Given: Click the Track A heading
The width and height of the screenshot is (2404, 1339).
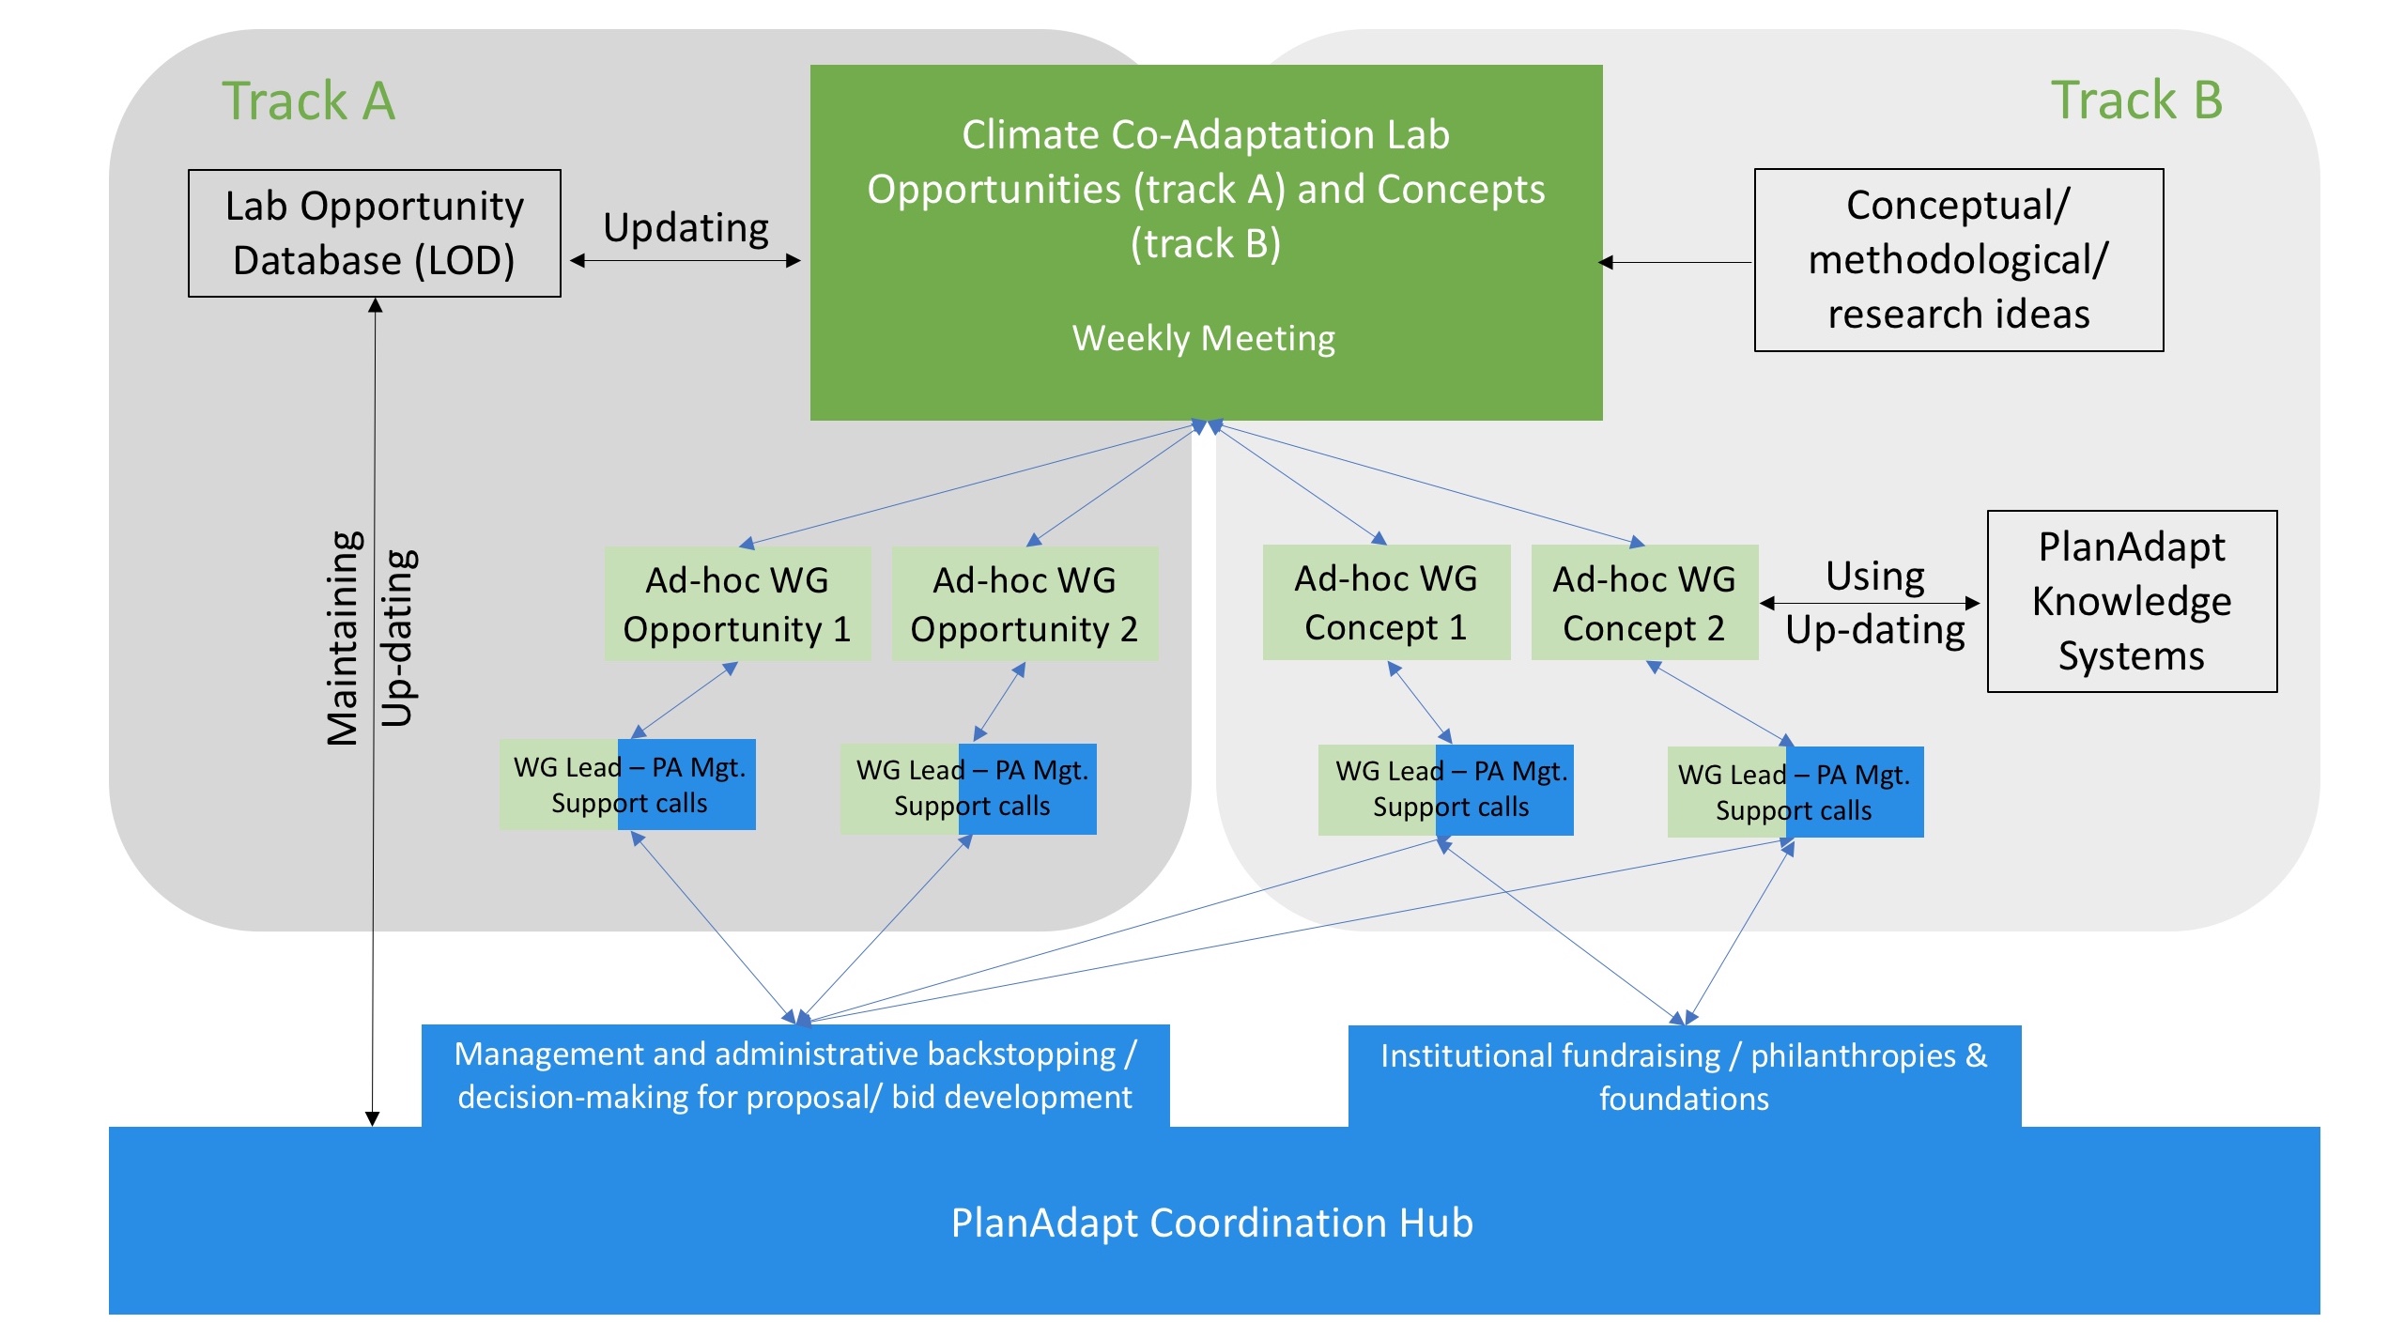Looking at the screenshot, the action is pos(308,100).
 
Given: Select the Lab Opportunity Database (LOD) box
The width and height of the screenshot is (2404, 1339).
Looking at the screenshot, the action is pos(375,233).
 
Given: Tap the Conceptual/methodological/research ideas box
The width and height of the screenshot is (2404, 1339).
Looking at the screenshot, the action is pos(1959,260).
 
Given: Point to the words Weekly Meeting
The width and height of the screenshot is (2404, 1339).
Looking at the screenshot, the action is pos(1204,338).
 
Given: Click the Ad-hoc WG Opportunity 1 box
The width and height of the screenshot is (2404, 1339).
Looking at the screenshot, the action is pos(737,604).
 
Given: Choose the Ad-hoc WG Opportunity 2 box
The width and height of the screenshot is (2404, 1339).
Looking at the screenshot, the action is pos(1025,604).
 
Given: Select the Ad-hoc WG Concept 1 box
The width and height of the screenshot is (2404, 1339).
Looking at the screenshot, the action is pos(1386,602).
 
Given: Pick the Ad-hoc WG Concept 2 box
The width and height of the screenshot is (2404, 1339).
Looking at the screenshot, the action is pos(1644,602).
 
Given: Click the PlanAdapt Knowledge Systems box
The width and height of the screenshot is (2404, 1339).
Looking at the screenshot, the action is pos(2132,601).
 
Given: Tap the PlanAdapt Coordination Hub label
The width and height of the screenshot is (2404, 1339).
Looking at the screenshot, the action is pos(1212,1223).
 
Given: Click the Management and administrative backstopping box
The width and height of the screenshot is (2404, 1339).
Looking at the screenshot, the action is pos(795,1075).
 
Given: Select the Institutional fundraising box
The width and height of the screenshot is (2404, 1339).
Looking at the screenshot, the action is pos(1685,1076).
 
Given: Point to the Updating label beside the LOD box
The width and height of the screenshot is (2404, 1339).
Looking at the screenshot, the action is pos(686,227).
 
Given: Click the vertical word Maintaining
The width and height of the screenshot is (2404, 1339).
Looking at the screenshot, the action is pos(343,639).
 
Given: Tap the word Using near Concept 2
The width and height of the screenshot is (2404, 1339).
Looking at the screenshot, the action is pos(1875,576).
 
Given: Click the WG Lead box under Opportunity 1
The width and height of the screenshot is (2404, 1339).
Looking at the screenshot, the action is pos(627,784).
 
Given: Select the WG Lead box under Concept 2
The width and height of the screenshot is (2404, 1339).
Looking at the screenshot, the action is pos(1795,792).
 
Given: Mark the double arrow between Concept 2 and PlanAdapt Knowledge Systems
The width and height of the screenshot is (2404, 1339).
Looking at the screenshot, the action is pos(1870,603).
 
